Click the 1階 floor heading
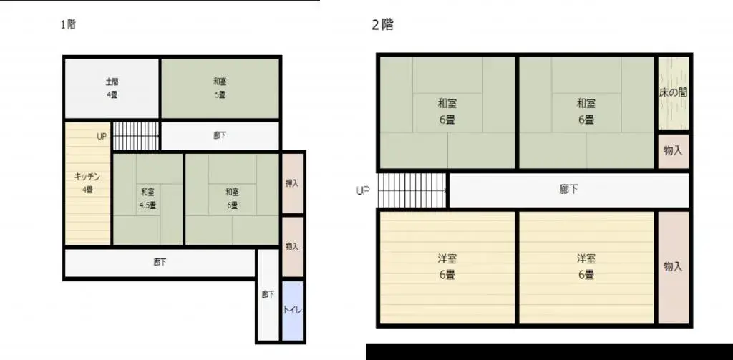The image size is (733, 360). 68,24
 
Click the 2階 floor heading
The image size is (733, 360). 382,25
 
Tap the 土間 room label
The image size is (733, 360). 112,82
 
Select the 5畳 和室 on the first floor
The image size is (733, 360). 220,88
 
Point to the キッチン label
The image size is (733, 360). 87,176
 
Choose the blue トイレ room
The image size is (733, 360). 293,311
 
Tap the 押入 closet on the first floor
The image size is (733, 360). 293,183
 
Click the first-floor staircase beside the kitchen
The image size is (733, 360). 136,135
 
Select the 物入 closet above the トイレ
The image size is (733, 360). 293,246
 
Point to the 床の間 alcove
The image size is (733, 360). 673,93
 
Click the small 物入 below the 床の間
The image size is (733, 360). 673,151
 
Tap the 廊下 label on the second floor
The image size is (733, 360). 568,190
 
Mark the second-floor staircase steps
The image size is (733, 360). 412,190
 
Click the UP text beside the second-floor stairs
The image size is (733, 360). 363,191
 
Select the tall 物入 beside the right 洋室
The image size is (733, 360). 673,267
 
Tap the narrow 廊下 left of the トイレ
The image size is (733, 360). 267,294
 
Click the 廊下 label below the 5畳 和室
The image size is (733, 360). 220,135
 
